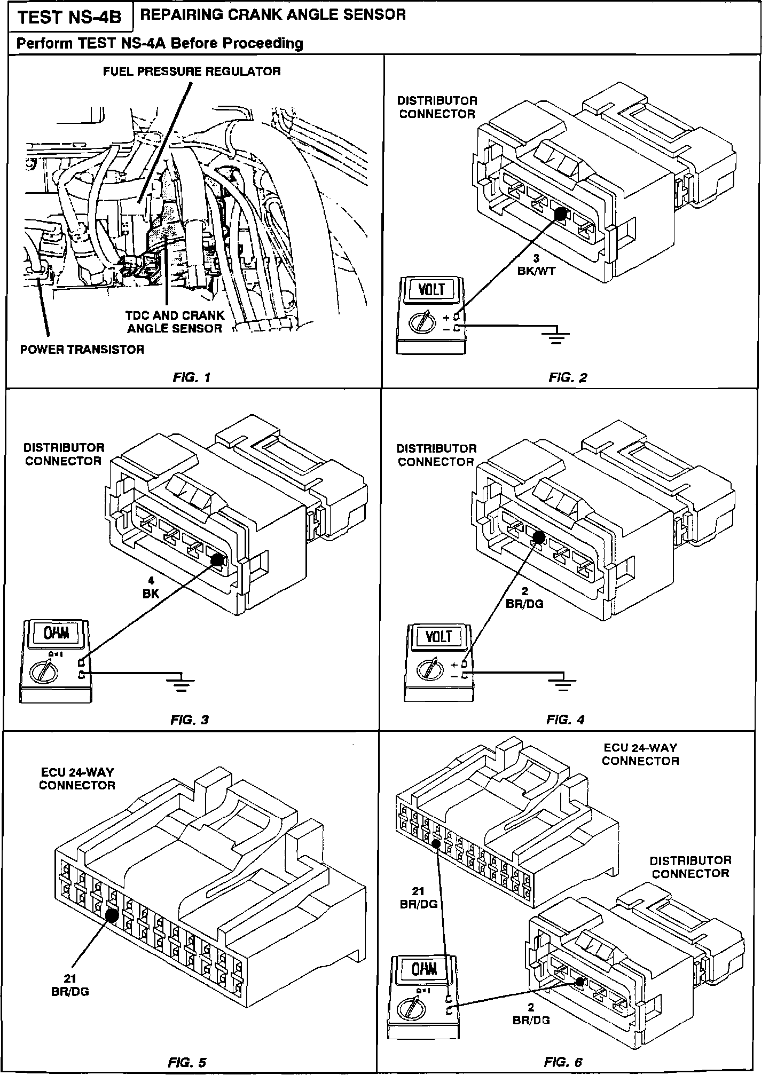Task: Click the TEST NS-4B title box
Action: pos(69,18)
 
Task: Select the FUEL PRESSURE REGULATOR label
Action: pos(192,72)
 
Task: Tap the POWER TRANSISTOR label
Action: pos(82,350)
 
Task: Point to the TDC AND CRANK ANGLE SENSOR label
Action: pos(175,322)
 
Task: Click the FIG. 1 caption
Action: pos(192,378)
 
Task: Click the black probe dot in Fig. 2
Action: pos(561,214)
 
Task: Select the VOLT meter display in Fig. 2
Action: pos(431,290)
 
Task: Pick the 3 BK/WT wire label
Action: pos(537,265)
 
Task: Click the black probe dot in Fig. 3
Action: pos(217,560)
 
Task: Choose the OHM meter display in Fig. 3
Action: pos(56,633)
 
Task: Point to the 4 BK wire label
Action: pos(151,588)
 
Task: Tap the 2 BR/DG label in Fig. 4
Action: pos(524,598)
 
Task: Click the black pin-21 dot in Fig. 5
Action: pos(112,915)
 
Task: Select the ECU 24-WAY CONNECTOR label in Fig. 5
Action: pos(77,779)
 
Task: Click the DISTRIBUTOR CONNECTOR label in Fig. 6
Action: pos(690,867)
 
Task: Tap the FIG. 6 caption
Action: pos(563,1062)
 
